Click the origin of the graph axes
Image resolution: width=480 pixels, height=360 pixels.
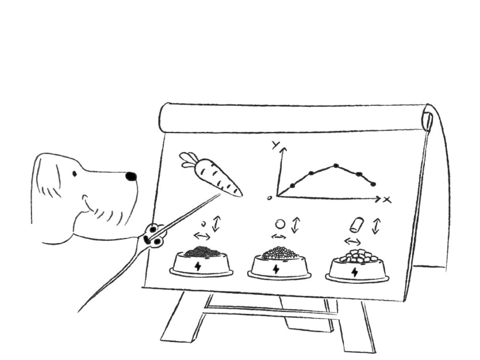279,195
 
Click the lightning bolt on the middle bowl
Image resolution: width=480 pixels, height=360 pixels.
277,268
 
